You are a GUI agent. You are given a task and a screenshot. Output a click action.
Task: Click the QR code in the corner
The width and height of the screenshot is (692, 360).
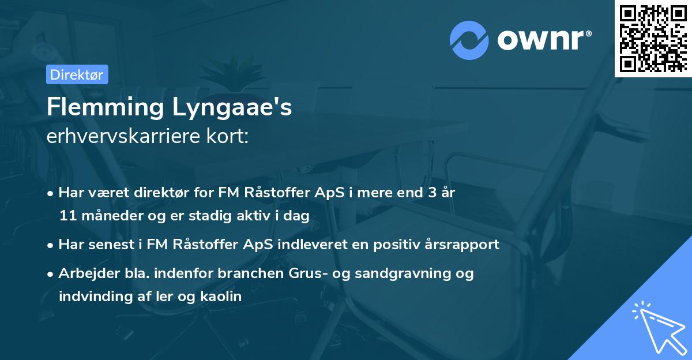[653, 38]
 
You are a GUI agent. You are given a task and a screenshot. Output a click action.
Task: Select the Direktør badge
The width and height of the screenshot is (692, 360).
[77, 74]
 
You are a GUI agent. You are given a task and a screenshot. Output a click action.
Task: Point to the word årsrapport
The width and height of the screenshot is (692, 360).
[465, 244]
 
